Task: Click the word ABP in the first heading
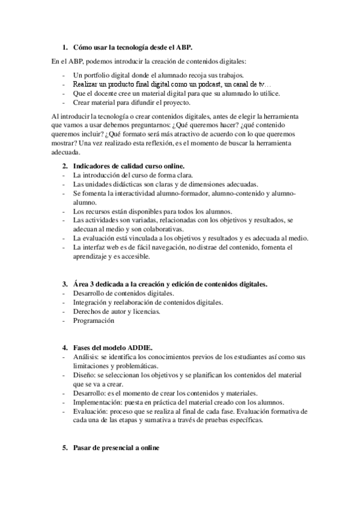click(x=201, y=46)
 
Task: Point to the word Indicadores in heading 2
click(x=94, y=165)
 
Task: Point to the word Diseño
click(x=85, y=375)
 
